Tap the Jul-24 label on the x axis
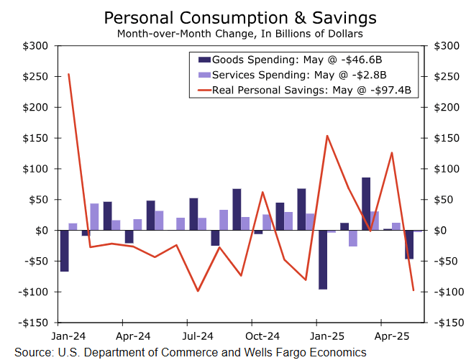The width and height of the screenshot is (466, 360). pos(197,336)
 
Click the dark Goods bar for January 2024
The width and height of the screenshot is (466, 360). pos(64,251)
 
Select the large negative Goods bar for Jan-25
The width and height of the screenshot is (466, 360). pos(323,259)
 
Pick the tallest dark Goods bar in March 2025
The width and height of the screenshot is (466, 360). pos(366,204)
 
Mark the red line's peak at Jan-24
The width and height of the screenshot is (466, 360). pos(68,74)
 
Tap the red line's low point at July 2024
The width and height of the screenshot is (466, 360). pos(198,291)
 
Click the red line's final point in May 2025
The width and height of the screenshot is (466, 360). pos(414,290)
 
